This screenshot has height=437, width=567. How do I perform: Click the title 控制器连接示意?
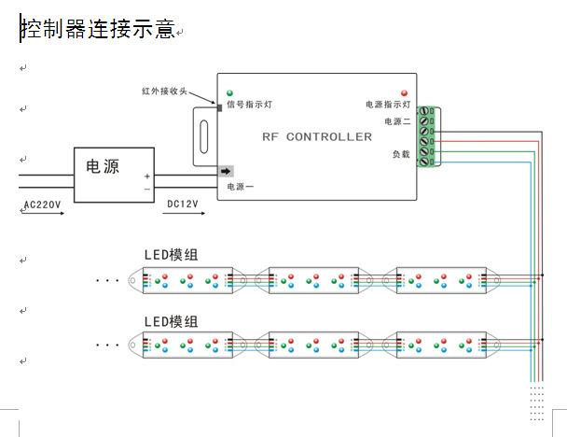98,29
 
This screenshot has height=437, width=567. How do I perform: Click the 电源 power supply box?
115,175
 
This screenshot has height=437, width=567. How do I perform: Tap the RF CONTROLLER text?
317,137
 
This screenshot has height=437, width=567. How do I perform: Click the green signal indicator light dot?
229,93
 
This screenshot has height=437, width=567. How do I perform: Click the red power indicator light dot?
404,93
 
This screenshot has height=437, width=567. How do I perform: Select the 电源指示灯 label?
388,106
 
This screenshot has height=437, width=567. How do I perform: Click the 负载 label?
401,154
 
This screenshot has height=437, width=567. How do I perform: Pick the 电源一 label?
240,187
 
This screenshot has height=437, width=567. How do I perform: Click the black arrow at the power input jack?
226,171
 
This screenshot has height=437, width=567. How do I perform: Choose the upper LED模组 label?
171,254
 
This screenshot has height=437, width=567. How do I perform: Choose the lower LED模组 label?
171,321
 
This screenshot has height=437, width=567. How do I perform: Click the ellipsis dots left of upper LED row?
108,279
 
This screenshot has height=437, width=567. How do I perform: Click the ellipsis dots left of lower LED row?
108,345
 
